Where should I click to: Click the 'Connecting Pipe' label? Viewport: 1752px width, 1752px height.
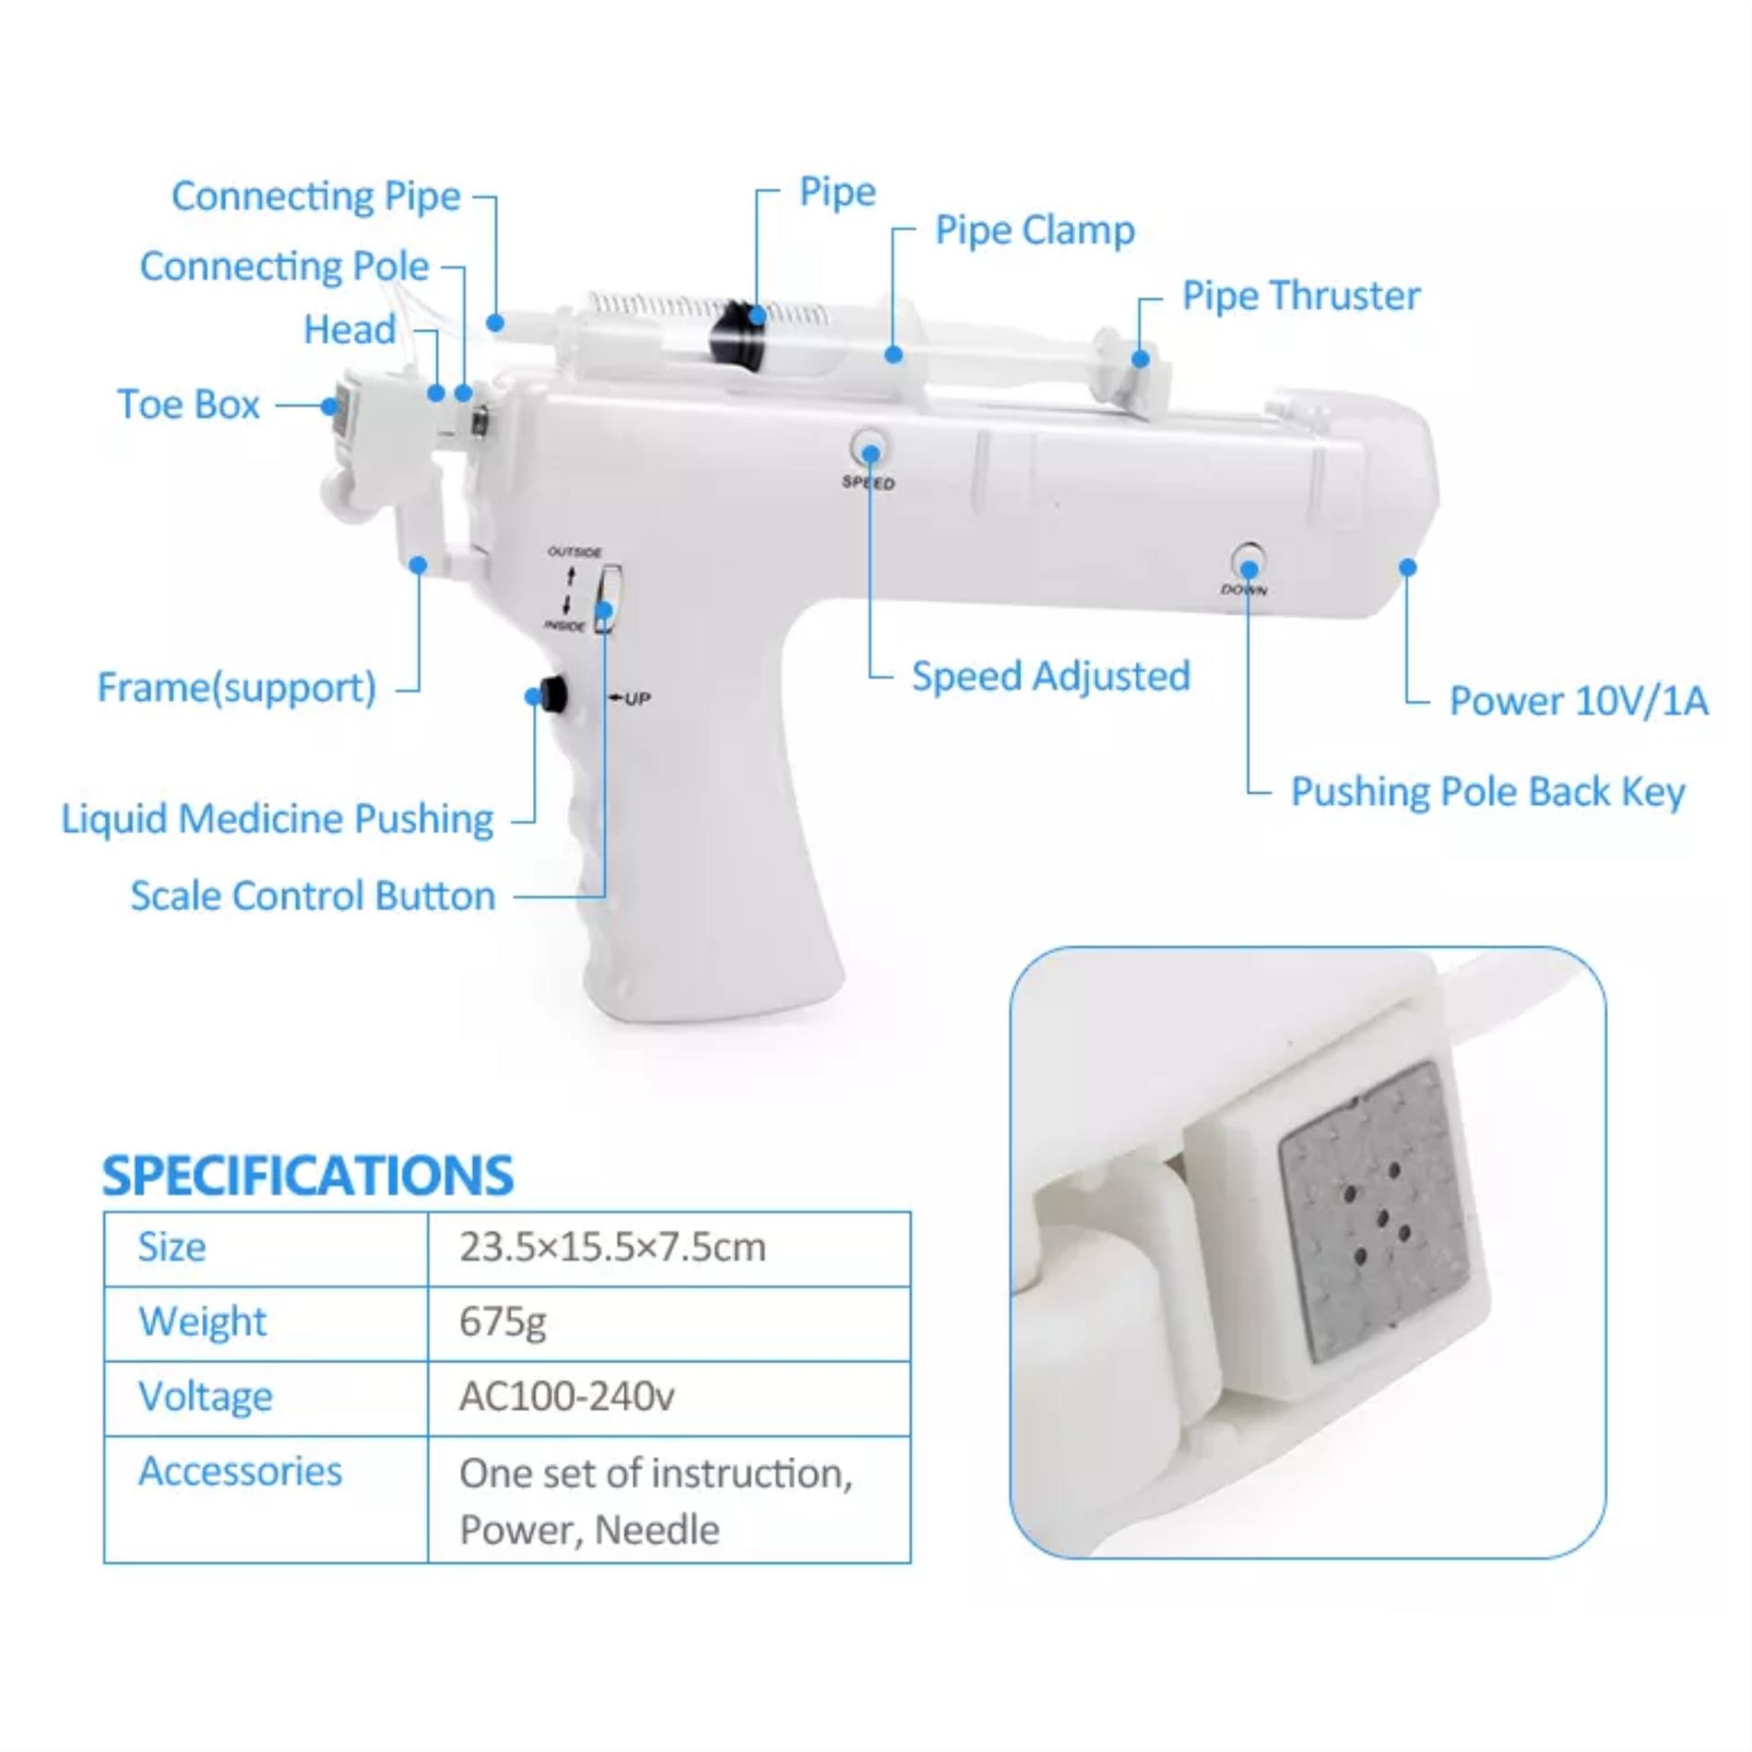tap(316, 196)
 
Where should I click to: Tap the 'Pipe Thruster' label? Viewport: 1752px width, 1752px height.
tap(1301, 296)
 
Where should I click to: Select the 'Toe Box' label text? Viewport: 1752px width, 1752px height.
tap(189, 405)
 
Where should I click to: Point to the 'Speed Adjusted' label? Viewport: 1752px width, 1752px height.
tap(1051, 676)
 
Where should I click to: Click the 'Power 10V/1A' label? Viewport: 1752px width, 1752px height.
tap(1579, 701)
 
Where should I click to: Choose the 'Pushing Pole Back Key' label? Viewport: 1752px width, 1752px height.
tap(1487, 792)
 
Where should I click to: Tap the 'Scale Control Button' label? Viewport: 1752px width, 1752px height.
tap(314, 896)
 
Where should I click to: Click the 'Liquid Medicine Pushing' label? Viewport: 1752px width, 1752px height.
tap(278, 819)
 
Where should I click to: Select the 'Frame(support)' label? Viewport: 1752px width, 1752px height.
tap(237, 688)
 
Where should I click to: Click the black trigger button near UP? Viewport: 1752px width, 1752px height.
tap(553, 694)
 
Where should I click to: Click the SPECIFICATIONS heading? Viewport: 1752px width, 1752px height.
tap(308, 1176)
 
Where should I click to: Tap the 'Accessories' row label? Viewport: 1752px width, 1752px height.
tap(240, 1472)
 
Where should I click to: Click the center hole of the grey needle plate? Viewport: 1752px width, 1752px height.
tap(1382, 1220)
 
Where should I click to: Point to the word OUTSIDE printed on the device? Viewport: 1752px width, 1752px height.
tap(574, 552)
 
